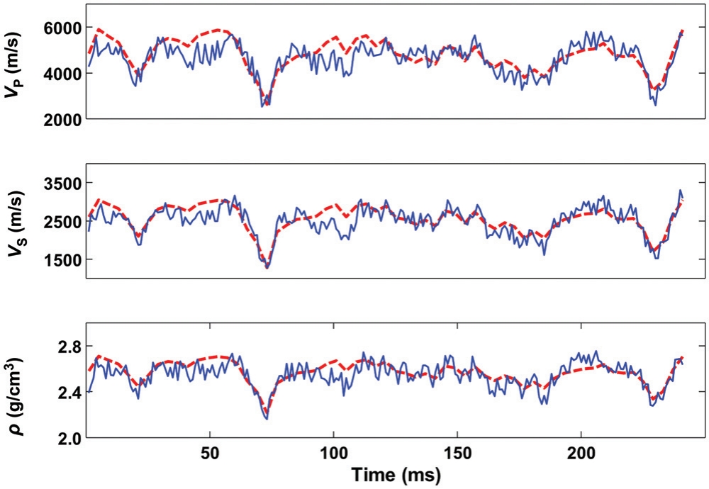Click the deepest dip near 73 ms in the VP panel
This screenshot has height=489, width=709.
pyautogui.click(x=263, y=106)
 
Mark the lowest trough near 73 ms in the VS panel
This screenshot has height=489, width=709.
pyautogui.click(x=267, y=268)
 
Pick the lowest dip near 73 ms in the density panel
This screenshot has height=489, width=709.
pyautogui.click(x=267, y=419)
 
